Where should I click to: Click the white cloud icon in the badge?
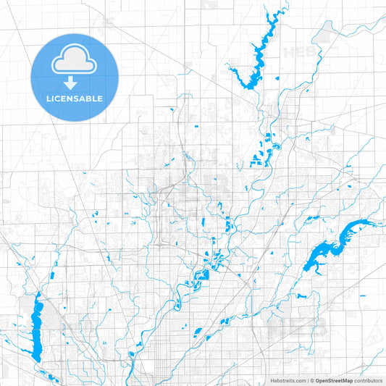74,62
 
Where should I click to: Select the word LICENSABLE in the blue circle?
74,98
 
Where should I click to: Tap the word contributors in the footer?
370,380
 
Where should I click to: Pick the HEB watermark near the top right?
298,53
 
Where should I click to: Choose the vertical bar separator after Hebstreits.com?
307,380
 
